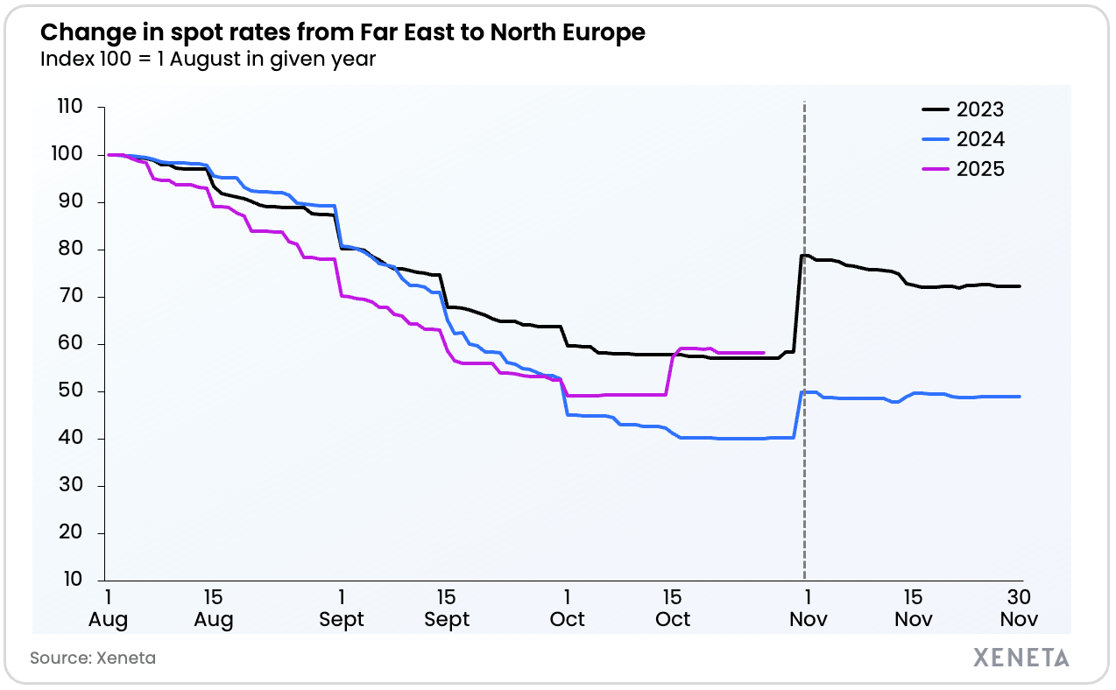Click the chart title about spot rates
(343, 32)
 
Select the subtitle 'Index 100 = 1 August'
(208, 60)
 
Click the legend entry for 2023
(979, 109)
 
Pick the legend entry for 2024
(979, 139)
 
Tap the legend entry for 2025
(979, 169)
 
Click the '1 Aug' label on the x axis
(108, 608)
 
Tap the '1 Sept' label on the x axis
(341, 608)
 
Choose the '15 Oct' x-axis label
(673, 608)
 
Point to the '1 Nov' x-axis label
(806, 608)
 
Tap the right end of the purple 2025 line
(764, 353)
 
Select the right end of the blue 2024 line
(1020, 397)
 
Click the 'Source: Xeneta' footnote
(93, 658)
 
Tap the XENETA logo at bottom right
(1021, 658)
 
